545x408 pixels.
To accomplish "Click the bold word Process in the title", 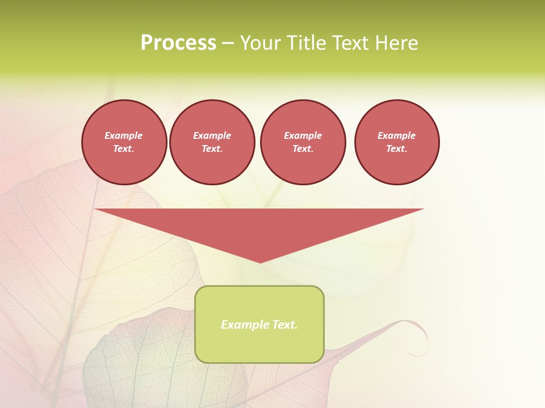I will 178,43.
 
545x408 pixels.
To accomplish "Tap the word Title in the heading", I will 304,43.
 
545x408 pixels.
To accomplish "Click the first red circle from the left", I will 124,142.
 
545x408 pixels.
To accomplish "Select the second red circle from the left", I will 212,142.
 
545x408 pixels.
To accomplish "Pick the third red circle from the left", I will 303,142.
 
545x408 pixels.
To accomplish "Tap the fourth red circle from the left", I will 397,142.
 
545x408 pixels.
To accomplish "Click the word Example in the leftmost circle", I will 124,135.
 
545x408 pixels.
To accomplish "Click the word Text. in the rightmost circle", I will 397,149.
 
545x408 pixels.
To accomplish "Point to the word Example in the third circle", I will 303,135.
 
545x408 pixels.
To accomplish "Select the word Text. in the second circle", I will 212,149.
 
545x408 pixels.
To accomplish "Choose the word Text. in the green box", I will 284,325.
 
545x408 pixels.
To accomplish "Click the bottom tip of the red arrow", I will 260,262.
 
